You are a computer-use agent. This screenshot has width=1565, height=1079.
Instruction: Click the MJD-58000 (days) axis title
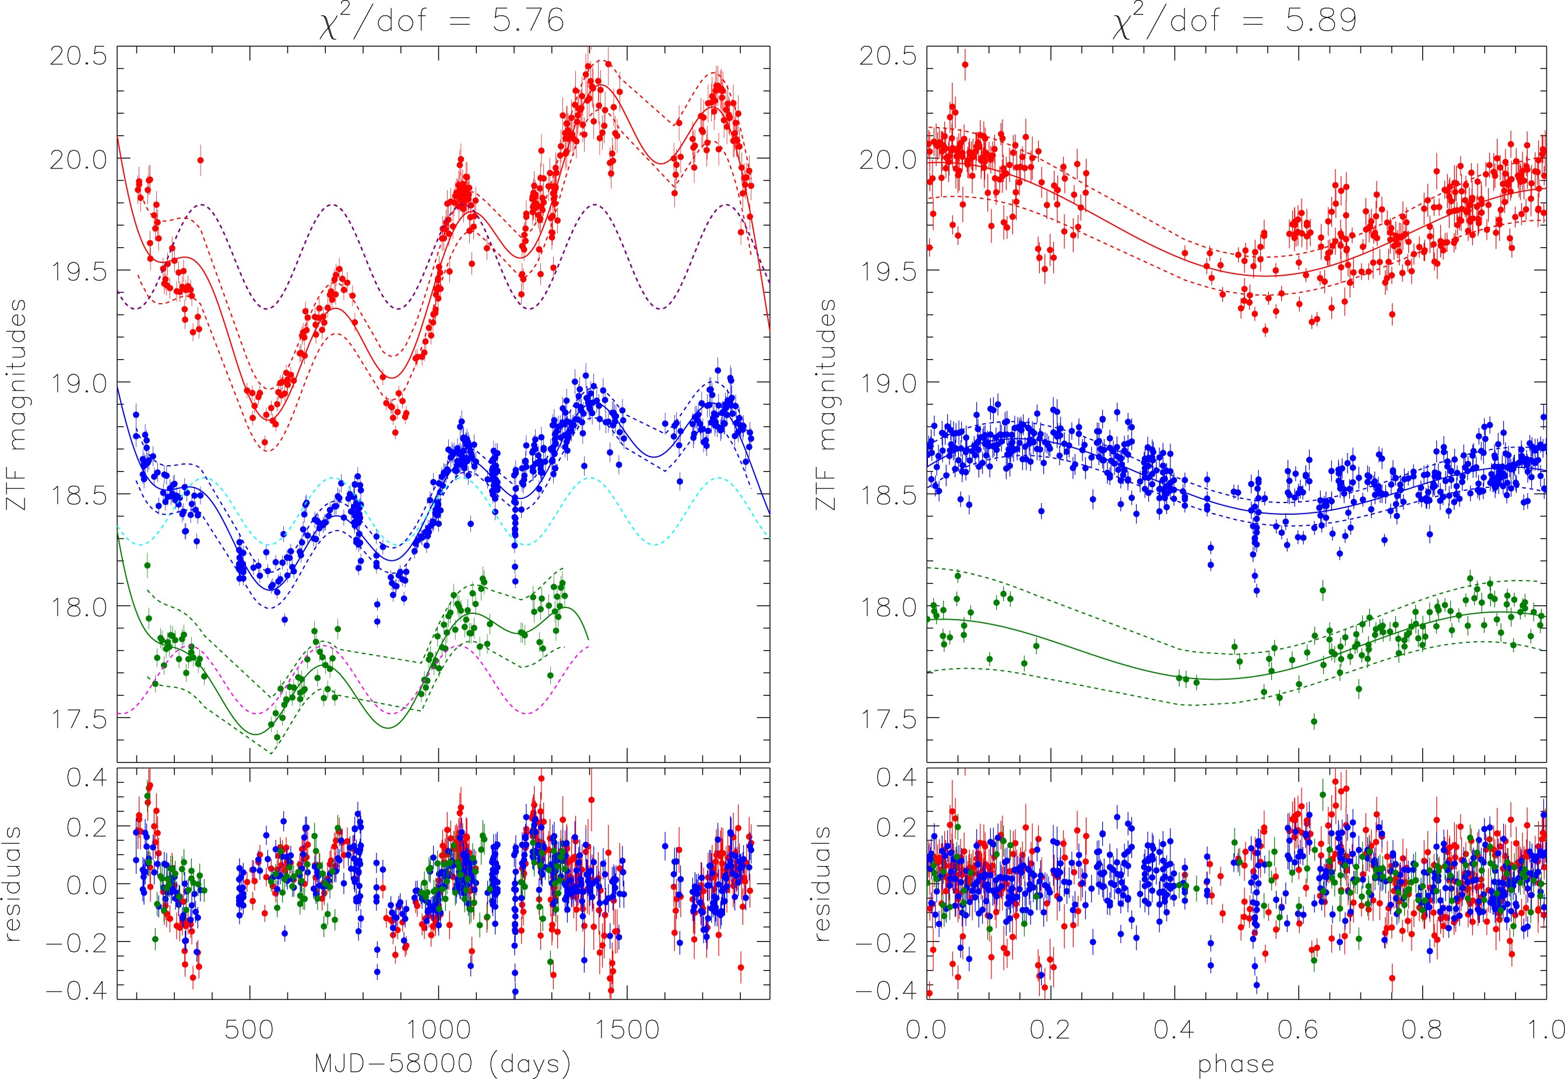(443, 1063)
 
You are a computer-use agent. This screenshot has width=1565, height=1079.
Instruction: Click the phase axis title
(1236, 1065)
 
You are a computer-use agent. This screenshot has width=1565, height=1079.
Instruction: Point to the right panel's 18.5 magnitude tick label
(888, 495)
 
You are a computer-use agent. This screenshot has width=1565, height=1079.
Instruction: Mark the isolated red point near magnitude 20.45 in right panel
(965, 65)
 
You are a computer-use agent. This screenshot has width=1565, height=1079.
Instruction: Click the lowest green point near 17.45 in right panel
(1314, 721)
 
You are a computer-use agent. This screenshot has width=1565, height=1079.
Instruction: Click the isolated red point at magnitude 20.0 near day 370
(200, 160)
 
